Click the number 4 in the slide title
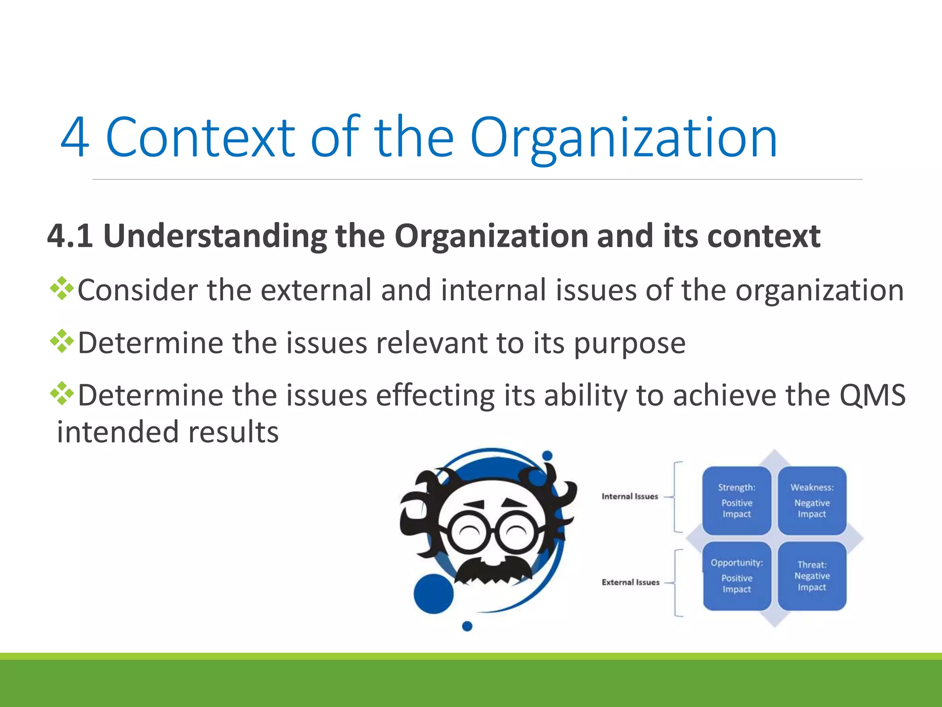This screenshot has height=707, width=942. (75, 137)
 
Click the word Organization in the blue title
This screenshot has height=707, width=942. (623, 138)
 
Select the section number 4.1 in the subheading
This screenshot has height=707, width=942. (69, 236)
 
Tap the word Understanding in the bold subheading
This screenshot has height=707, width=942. (215, 236)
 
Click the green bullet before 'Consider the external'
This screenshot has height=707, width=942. (62, 289)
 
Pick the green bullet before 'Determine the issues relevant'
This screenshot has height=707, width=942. (62, 342)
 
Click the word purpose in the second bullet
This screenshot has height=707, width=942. (630, 343)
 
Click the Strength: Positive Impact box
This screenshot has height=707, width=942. (736, 500)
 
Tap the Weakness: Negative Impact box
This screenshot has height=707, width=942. (812, 500)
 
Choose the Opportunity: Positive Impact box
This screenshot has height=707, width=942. (736, 576)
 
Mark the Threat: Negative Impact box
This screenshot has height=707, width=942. (812, 576)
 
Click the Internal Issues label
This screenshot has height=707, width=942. (630, 496)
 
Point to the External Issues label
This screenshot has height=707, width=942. (630, 582)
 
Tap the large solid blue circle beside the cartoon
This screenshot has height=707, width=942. (433, 593)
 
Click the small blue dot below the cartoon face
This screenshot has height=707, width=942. (467, 626)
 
